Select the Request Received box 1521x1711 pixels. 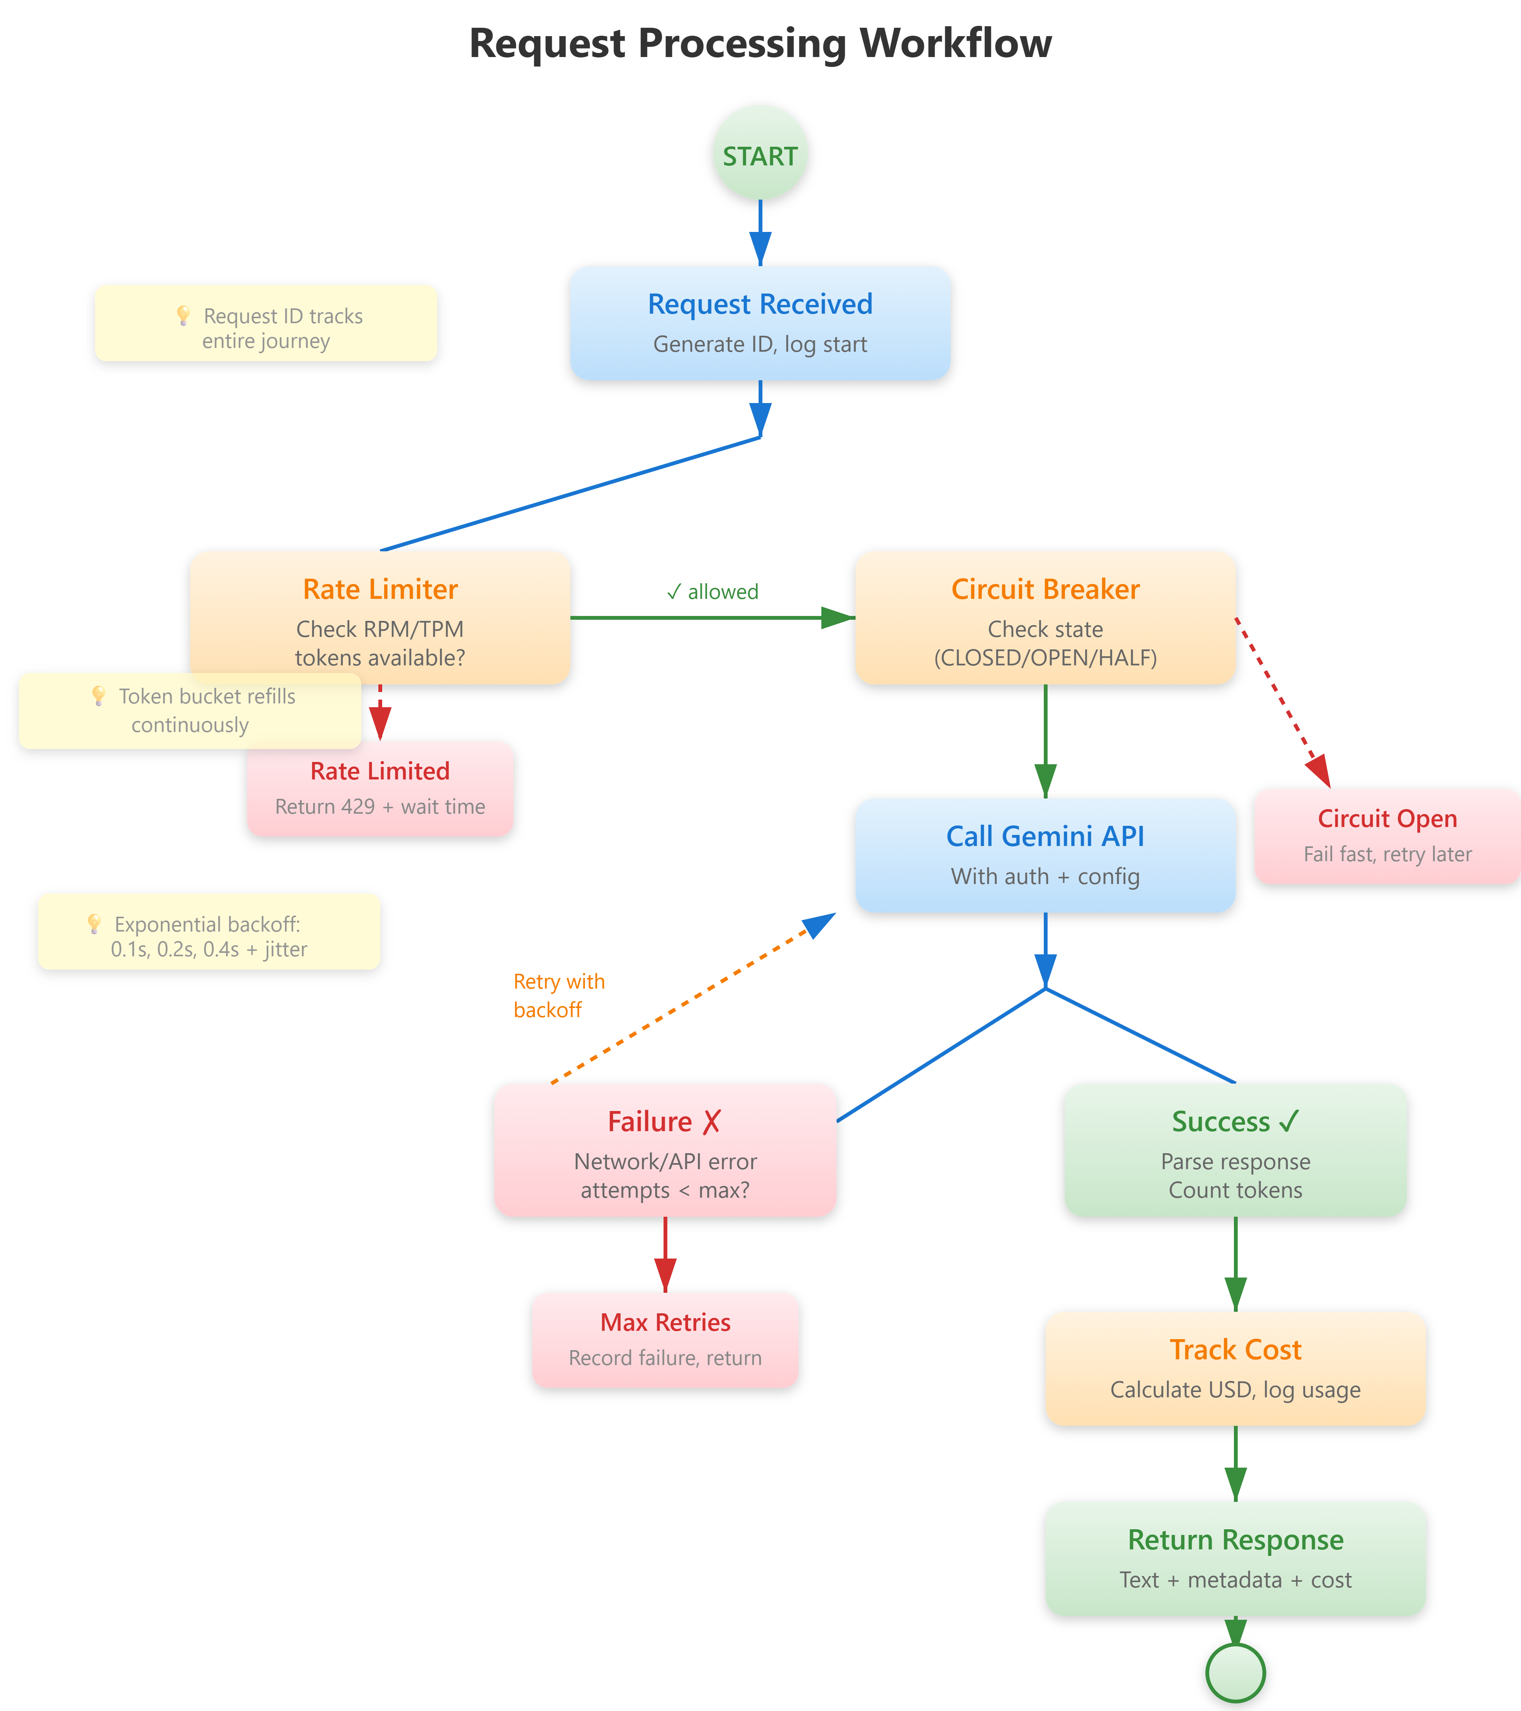760,323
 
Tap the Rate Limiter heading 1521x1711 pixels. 380,589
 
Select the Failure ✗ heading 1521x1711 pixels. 664,1122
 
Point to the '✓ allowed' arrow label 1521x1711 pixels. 712,592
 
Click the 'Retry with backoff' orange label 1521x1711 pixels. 558,995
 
